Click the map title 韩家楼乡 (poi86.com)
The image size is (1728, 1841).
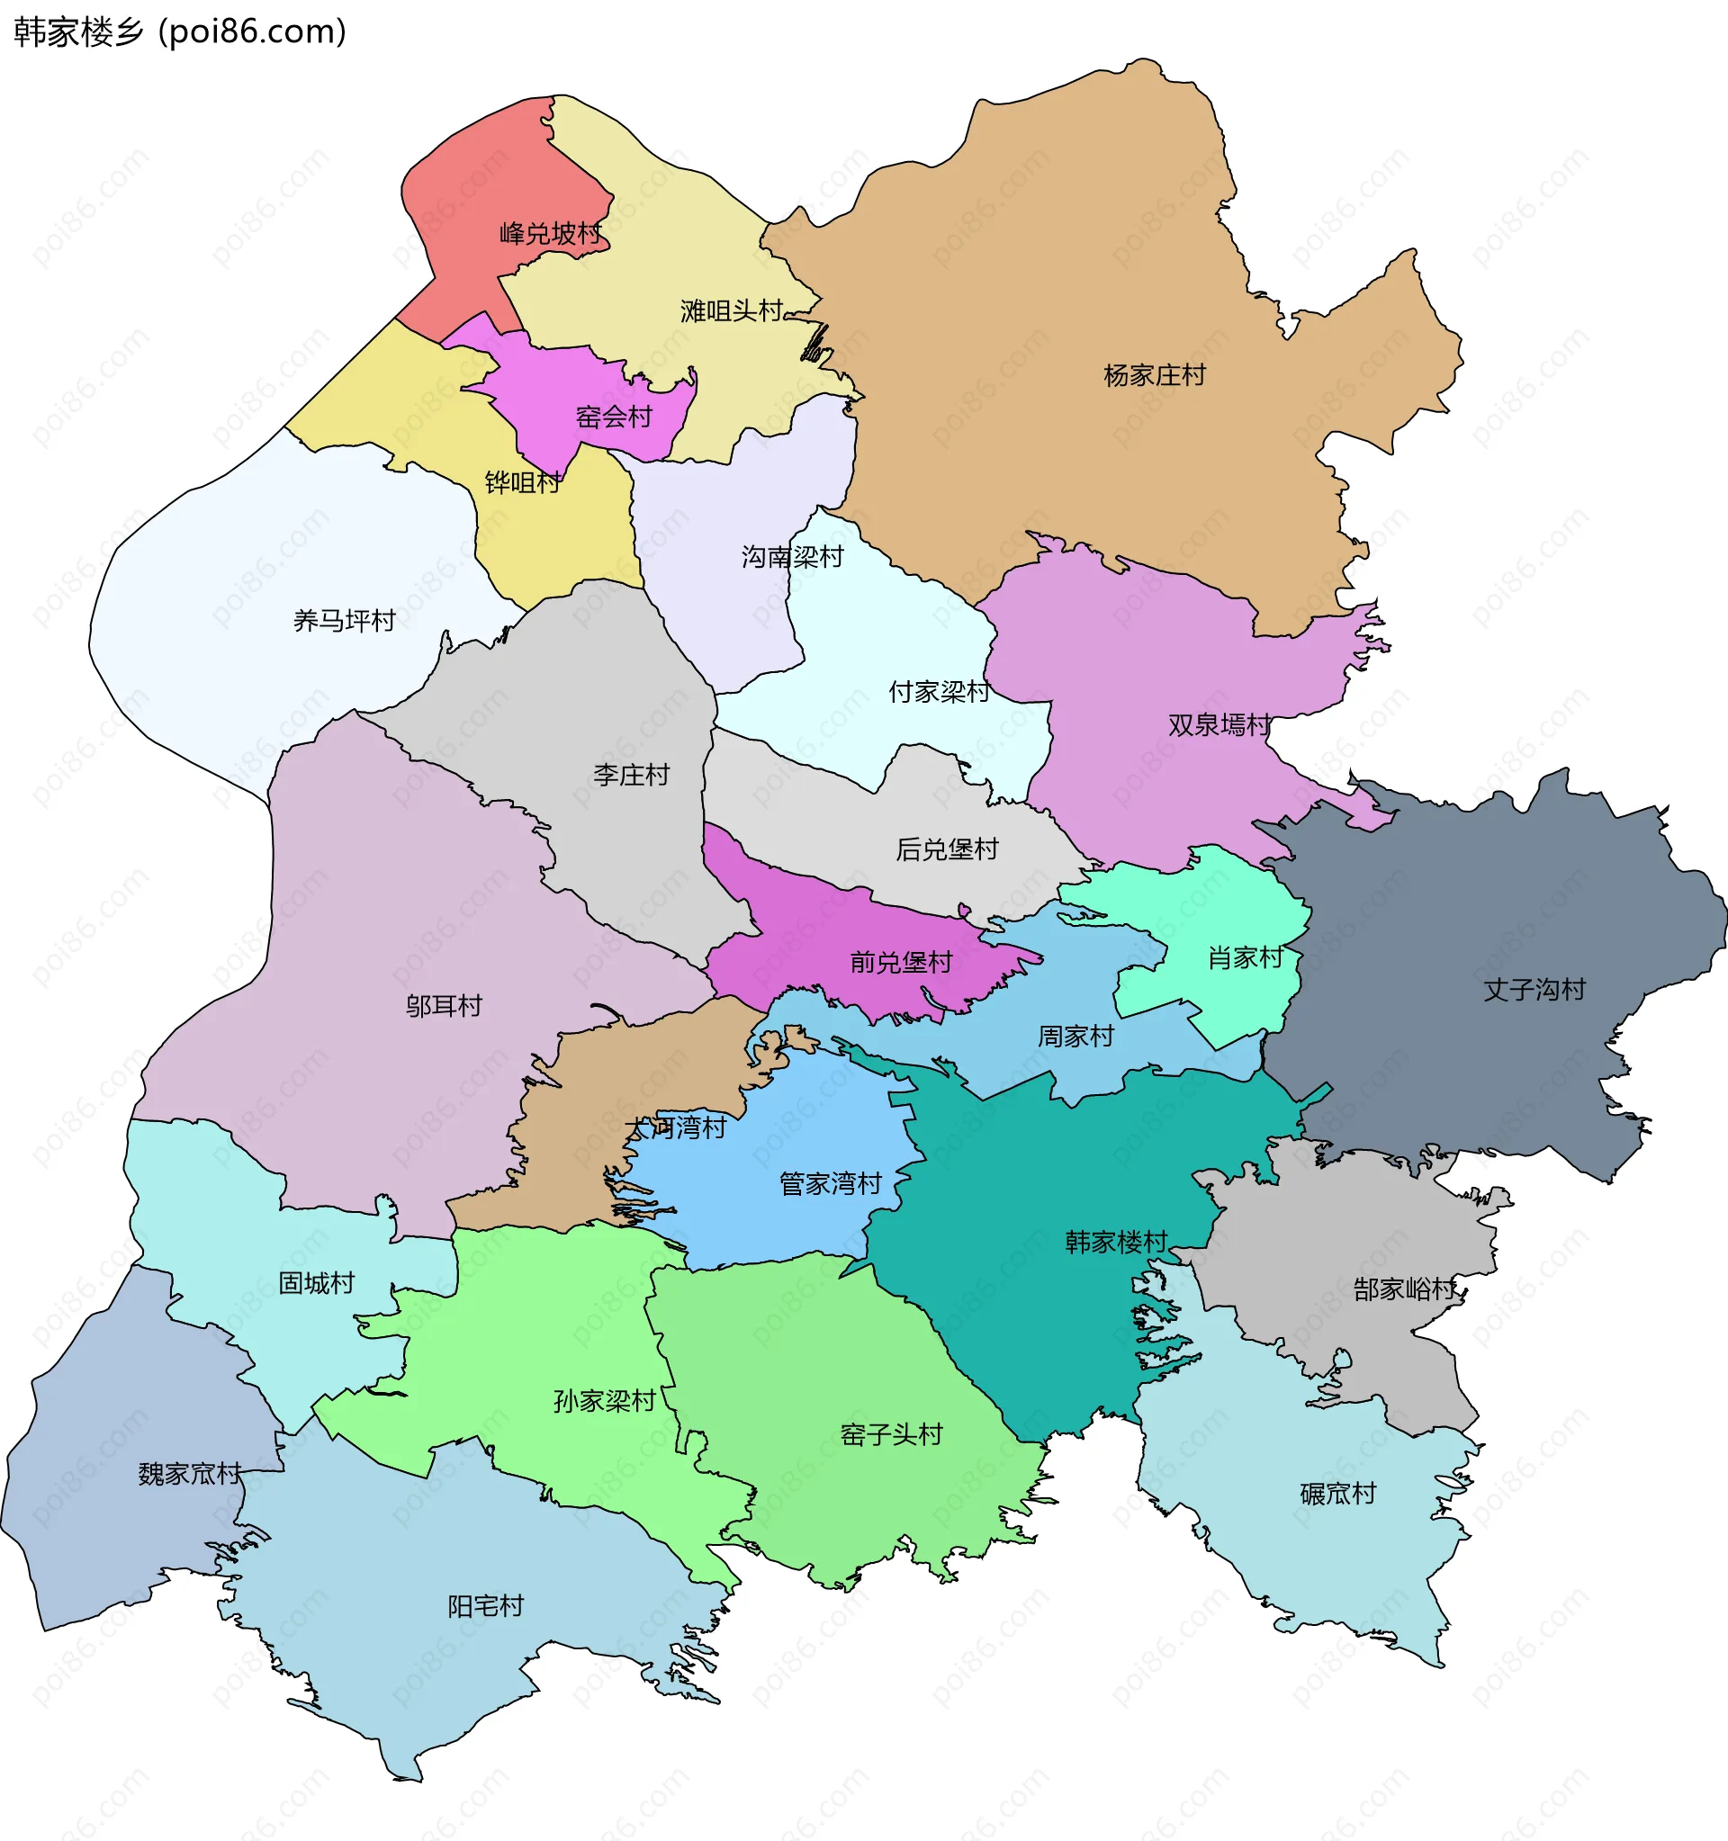pos(180,32)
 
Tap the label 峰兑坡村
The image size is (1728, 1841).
pos(550,233)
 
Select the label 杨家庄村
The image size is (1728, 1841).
pos(1154,375)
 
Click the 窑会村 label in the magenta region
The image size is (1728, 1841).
pos(614,417)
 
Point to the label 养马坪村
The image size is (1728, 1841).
pos(344,620)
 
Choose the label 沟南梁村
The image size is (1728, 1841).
pos(792,556)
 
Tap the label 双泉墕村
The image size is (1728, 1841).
pos(1219,724)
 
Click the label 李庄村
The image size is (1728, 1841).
pos(631,774)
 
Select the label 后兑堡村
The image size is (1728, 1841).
pos(947,849)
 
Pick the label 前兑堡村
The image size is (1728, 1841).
pos(900,962)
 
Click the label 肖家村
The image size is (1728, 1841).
pos(1245,956)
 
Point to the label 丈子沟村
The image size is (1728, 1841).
pos(1534,989)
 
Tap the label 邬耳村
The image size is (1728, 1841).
pos(444,1005)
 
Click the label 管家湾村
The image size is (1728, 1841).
pos(830,1182)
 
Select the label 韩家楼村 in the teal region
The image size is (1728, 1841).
pos(1116,1241)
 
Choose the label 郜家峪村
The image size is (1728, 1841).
pos(1404,1289)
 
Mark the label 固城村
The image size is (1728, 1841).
pos(317,1282)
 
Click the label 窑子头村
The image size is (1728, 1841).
pos(891,1433)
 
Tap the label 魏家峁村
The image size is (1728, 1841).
pos(189,1472)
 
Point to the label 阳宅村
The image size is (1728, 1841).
pos(485,1605)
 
